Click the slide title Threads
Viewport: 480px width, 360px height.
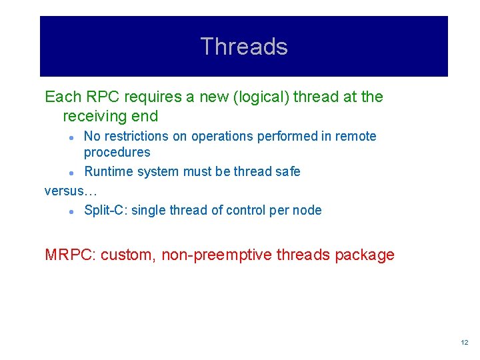(x=243, y=47)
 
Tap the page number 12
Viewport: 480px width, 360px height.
(x=464, y=342)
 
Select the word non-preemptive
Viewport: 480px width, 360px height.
(x=216, y=255)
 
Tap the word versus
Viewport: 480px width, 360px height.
(x=65, y=191)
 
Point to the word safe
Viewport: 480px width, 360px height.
(x=288, y=171)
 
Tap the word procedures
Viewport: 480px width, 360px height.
(x=117, y=152)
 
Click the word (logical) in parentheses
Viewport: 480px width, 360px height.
(x=246, y=97)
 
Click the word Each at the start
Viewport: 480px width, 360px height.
(x=60, y=97)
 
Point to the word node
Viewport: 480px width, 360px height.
(x=308, y=210)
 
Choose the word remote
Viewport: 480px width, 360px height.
(x=356, y=136)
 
